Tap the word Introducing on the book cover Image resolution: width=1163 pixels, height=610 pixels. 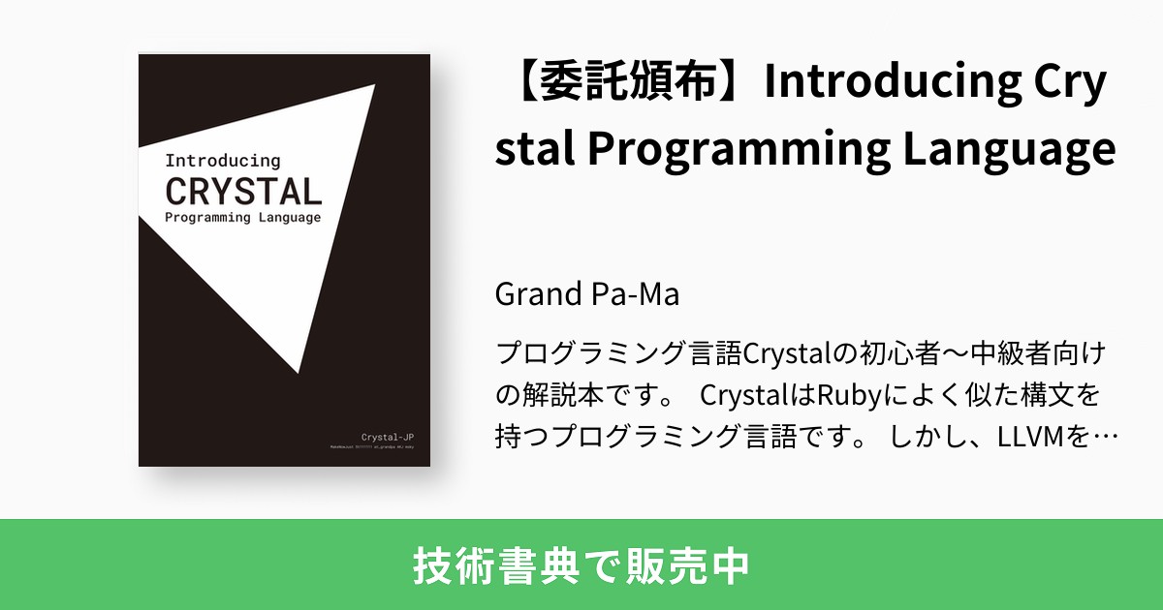(222, 160)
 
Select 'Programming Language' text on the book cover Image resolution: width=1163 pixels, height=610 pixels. (242, 217)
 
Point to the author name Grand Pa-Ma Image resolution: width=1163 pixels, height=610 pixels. (587, 293)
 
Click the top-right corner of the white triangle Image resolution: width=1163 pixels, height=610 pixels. (374, 85)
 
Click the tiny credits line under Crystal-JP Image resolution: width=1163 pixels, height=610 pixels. (379, 448)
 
